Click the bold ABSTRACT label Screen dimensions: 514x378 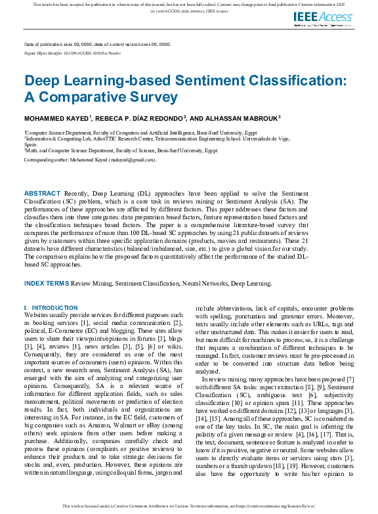click(x=43, y=194)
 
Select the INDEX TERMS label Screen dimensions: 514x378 click(x=46, y=283)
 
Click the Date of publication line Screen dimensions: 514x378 click(x=97, y=44)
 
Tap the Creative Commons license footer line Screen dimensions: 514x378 click(x=189, y=506)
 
